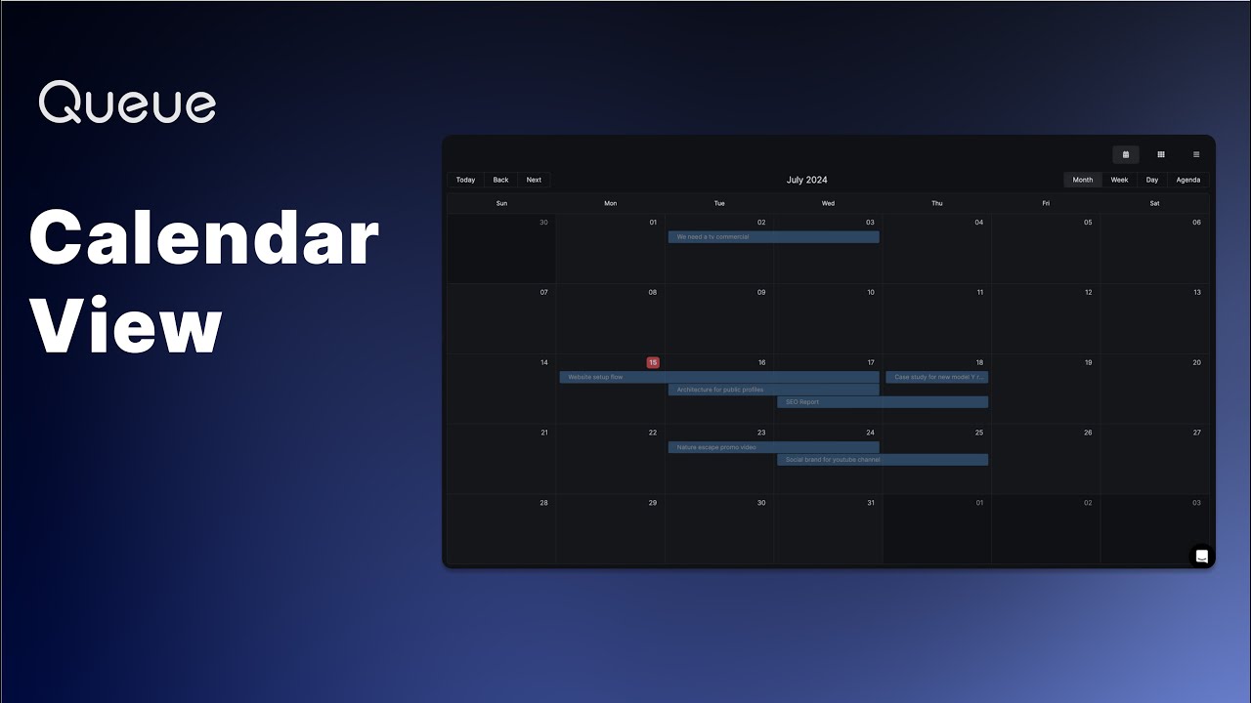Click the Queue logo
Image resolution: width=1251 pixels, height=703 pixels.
coord(127,103)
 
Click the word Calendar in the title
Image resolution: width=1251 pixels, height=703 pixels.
coord(204,239)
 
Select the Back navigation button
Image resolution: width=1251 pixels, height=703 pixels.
coord(500,180)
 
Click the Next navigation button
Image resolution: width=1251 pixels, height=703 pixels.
coord(534,180)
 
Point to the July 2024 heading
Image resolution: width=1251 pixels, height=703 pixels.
coord(807,180)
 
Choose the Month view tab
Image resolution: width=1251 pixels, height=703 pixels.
coord(1083,180)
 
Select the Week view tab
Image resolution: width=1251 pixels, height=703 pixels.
coord(1119,180)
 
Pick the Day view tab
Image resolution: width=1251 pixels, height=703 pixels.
coord(1152,180)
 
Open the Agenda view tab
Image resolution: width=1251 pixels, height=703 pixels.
coord(1188,180)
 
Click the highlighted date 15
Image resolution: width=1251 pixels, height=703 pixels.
coord(653,362)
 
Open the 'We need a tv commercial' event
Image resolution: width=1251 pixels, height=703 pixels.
coord(773,237)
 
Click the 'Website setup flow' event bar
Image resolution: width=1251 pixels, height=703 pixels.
coord(719,377)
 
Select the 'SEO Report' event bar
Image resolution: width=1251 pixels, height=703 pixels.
coord(883,401)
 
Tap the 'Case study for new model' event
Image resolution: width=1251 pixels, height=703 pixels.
coord(937,377)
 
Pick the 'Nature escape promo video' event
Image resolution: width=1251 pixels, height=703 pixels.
coord(773,447)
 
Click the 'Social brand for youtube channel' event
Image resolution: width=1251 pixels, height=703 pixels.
coord(883,459)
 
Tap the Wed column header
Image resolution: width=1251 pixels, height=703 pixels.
coord(828,203)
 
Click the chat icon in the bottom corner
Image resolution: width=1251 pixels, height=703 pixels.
coord(1202,557)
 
